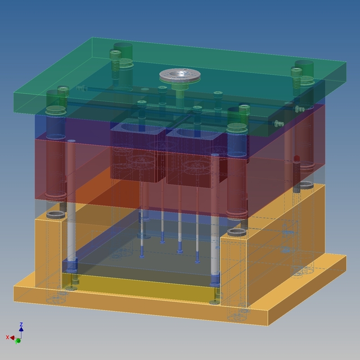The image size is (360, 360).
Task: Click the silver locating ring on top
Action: [x=181, y=75]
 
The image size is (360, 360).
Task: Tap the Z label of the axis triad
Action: [x=21, y=325]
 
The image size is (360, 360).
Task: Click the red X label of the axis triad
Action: [x=8, y=337]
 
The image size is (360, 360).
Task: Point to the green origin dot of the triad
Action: [x=18, y=340]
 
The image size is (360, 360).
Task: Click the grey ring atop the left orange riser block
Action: [x=55, y=215]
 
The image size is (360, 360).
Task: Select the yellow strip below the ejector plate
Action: [x=141, y=287]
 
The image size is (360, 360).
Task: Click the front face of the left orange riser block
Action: [x=48, y=253]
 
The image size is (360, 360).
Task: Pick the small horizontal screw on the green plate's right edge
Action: [x=299, y=109]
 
